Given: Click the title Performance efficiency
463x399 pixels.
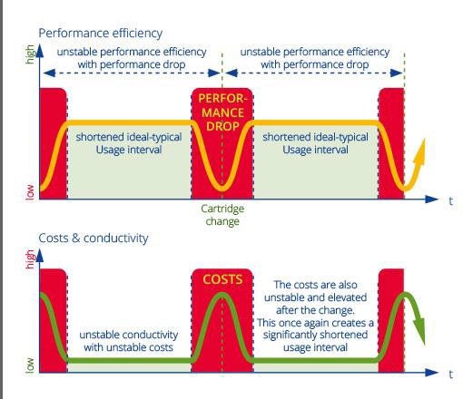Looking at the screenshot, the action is pos(101,34).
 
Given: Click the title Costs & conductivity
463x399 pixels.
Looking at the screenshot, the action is pos(94,238).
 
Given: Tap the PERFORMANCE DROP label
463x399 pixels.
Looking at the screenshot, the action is pos(222,112).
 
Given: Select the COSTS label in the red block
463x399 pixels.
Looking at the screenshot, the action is pos(222,279).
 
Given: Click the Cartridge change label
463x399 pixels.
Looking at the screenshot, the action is pos(222,215).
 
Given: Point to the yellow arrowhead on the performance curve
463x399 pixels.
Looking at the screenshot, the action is pos(419,152).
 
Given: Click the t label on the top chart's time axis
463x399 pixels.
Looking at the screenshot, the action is pos(450,201).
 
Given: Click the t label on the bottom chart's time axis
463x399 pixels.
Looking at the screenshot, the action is pos(450,375).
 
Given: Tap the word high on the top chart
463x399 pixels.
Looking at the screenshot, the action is pos(30,54).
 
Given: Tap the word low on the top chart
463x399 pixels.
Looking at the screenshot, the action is pos(30,192).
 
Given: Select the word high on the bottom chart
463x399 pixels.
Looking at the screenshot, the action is pos(30,259).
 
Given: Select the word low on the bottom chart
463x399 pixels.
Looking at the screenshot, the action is pos(30,365).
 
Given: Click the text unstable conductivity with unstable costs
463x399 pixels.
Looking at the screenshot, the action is pos(129,341).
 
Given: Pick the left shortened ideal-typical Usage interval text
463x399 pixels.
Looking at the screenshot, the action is pos(129,143).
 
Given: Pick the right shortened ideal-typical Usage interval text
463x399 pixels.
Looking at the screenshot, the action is pos(315,143).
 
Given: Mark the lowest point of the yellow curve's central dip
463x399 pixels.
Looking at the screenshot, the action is pos(222,189).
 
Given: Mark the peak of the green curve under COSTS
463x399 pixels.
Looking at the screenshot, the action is pos(222,295).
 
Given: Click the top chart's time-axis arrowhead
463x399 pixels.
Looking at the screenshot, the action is pos(432,199).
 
